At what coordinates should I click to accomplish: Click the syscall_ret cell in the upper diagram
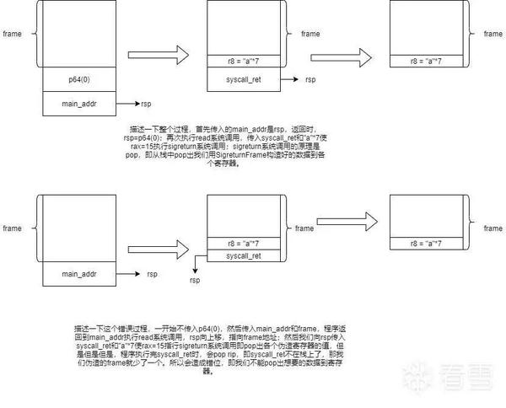coord(244,79)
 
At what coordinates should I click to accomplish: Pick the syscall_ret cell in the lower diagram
coord(244,255)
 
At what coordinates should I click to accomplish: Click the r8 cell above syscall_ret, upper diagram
coord(244,61)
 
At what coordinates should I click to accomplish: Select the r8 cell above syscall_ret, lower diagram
coord(244,242)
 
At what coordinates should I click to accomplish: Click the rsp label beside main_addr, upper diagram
coord(146,105)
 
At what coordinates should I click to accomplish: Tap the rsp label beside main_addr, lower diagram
coord(153,274)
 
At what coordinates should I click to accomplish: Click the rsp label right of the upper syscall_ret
coord(311,79)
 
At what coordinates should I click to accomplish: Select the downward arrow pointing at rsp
coord(196,263)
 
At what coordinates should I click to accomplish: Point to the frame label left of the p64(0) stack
coord(12,35)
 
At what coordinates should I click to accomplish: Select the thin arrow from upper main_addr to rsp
coord(126,105)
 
